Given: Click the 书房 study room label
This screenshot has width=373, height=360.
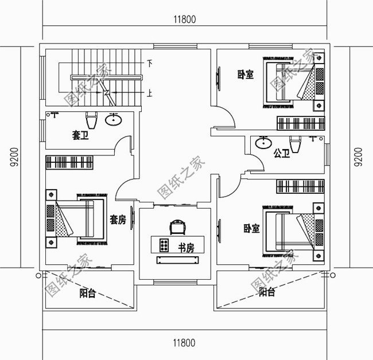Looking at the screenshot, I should (185, 248).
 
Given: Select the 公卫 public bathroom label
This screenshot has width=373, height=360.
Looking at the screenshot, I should (281, 153).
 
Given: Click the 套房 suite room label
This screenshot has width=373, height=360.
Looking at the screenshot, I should (118, 220).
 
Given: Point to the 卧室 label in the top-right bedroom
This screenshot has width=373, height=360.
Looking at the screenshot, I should (246, 75).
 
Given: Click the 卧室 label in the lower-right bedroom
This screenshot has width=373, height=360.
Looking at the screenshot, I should (251, 228).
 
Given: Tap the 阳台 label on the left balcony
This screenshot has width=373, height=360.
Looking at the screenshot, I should (87, 294).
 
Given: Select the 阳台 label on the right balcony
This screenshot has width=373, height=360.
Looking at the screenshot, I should (266, 292).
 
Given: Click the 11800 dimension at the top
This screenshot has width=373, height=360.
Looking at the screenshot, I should (184, 18).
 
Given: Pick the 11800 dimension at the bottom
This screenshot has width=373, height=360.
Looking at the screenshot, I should (184, 343).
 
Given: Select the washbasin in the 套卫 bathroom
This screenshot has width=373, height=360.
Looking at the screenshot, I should (114, 120).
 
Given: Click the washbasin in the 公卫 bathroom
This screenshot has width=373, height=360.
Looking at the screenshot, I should (263, 143).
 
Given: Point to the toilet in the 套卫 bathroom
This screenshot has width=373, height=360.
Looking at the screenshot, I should (91, 122).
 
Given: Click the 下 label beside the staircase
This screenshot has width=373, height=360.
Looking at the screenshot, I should (150, 63).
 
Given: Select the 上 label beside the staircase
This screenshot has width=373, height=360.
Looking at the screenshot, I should (150, 93).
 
